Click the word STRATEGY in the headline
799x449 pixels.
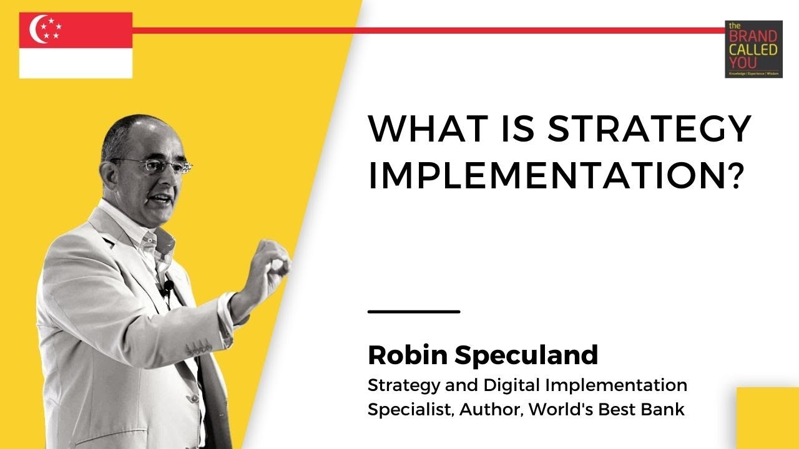click(x=649, y=130)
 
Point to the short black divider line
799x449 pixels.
click(x=414, y=311)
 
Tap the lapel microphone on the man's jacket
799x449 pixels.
click(x=168, y=287)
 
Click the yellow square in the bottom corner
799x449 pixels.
click(x=767, y=418)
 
